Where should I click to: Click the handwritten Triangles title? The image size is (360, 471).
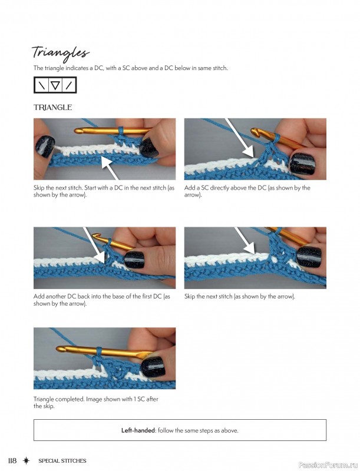61,53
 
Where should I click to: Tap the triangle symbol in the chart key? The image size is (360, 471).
55,85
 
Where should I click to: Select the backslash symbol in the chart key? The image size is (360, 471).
42,85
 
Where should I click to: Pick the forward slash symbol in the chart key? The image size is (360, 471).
69,85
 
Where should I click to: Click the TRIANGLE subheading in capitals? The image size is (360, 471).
52,108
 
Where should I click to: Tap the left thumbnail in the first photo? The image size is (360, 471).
45,146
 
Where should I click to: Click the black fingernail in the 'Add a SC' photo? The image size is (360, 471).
302,164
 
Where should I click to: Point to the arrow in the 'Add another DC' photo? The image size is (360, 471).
95,245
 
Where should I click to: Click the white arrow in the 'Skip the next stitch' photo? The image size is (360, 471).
245,240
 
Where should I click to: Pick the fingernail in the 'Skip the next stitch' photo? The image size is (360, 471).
309,257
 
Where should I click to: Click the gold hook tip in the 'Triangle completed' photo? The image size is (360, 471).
60,349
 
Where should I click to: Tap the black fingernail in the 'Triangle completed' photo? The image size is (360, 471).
154,366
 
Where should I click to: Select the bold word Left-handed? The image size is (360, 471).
138,430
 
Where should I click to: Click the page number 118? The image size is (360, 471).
12,460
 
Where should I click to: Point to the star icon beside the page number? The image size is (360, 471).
27,460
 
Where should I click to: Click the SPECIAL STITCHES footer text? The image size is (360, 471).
62,461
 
